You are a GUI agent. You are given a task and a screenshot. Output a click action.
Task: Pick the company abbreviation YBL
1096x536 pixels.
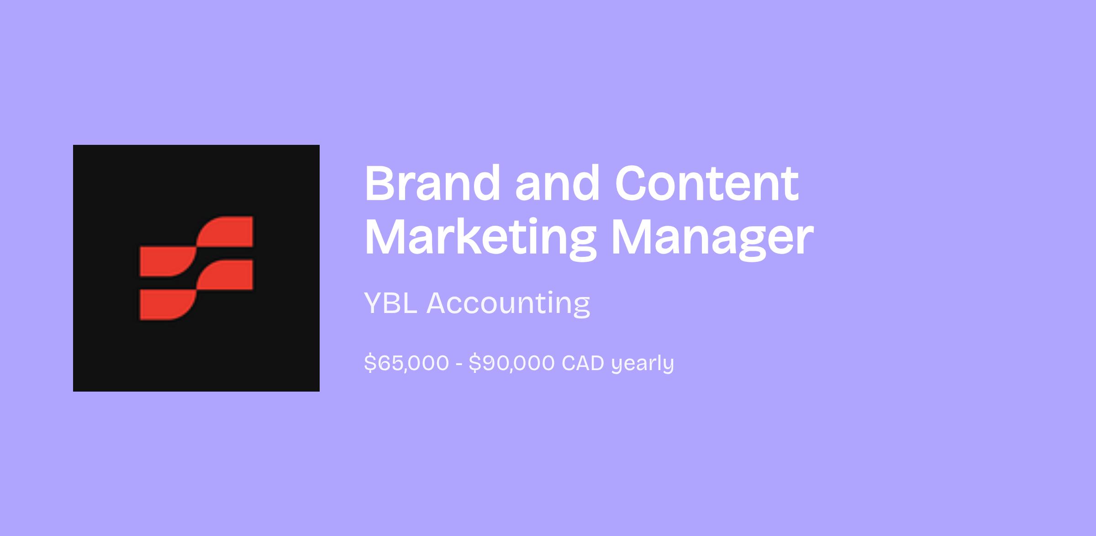pyautogui.click(x=391, y=303)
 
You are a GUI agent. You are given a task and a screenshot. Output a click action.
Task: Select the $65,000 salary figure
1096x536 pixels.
pyautogui.click(x=406, y=363)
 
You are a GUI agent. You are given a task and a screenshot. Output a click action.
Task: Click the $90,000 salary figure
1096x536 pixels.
pyautogui.click(x=511, y=363)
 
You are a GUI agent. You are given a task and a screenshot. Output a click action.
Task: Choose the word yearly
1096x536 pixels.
pyautogui.click(x=643, y=364)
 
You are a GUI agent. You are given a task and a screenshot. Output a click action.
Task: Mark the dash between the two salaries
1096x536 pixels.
pyautogui.click(x=459, y=364)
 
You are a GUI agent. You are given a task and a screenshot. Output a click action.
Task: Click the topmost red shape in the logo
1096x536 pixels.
pyautogui.click(x=225, y=232)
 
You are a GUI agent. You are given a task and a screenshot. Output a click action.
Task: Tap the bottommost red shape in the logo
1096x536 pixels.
pyautogui.click(x=168, y=305)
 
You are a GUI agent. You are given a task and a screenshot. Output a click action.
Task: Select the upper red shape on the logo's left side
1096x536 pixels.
pyautogui.click(x=168, y=261)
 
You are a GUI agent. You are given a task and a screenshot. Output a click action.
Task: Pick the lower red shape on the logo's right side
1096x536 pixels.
pyautogui.click(x=225, y=275)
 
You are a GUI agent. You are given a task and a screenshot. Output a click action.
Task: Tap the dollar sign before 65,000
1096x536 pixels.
pyautogui.click(x=370, y=363)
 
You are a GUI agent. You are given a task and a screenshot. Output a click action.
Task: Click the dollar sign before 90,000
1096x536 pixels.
pyautogui.click(x=474, y=363)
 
